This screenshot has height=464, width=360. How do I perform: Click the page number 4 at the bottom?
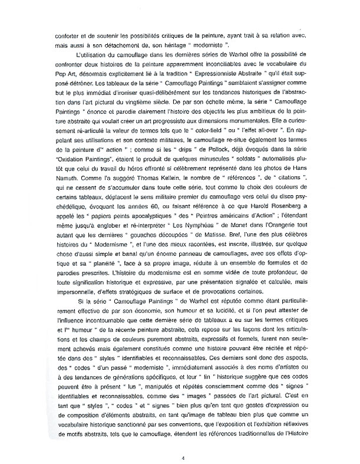coord(183,442)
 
